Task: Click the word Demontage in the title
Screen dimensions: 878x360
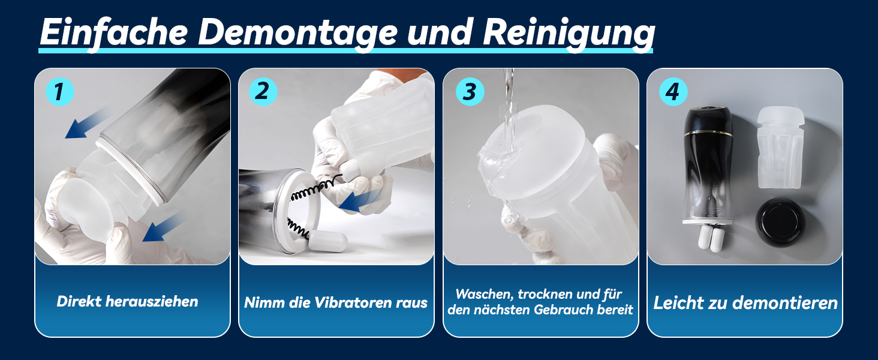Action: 297,34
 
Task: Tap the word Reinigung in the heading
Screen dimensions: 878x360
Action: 569,34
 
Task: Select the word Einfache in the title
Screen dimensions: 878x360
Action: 114,32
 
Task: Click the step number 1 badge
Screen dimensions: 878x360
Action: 59,92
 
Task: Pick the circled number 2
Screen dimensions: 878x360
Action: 263,91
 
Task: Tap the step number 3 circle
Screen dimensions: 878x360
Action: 470,92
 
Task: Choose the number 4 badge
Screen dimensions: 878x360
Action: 673,92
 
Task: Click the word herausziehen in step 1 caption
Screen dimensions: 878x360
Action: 152,302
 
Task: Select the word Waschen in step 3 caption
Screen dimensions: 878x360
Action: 485,294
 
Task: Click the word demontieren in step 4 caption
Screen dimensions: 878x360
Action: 784,303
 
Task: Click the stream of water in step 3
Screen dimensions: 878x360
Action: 509,110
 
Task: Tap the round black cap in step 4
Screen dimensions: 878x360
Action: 780,223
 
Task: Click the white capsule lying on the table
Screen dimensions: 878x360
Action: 327,241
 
